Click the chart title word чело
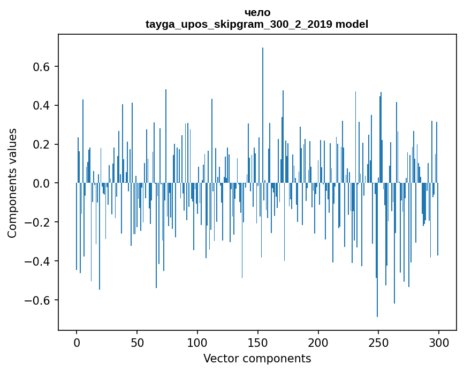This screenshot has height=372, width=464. [257, 13]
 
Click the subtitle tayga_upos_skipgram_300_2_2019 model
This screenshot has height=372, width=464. [257, 24]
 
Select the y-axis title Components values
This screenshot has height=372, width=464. [12, 183]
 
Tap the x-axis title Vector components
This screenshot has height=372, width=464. [257, 358]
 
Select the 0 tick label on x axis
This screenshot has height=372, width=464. [77, 343]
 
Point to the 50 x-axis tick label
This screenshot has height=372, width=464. [137, 343]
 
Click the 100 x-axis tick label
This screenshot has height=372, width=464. [197, 343]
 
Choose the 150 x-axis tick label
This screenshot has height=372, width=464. [258, 343]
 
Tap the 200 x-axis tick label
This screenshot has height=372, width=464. [318, 343]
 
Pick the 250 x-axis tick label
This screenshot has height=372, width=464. [378, 343]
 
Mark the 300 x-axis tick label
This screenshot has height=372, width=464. [439, 343]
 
